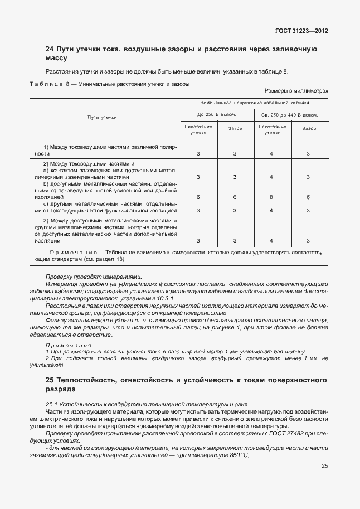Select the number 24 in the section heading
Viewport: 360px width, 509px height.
tap(49, 50)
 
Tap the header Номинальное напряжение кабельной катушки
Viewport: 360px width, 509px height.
tap(254, 103)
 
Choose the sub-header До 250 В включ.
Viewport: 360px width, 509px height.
tap(217, 115)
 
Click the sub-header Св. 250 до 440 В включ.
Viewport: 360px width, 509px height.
tap(290, 115)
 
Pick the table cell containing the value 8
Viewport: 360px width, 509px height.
tap(271, 197)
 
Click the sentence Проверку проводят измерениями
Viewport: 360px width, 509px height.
tap(94, 277)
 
